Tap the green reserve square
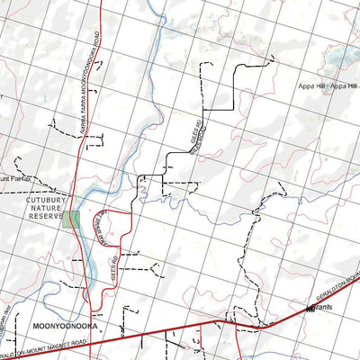point(70,219)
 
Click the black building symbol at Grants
point(310,310)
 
